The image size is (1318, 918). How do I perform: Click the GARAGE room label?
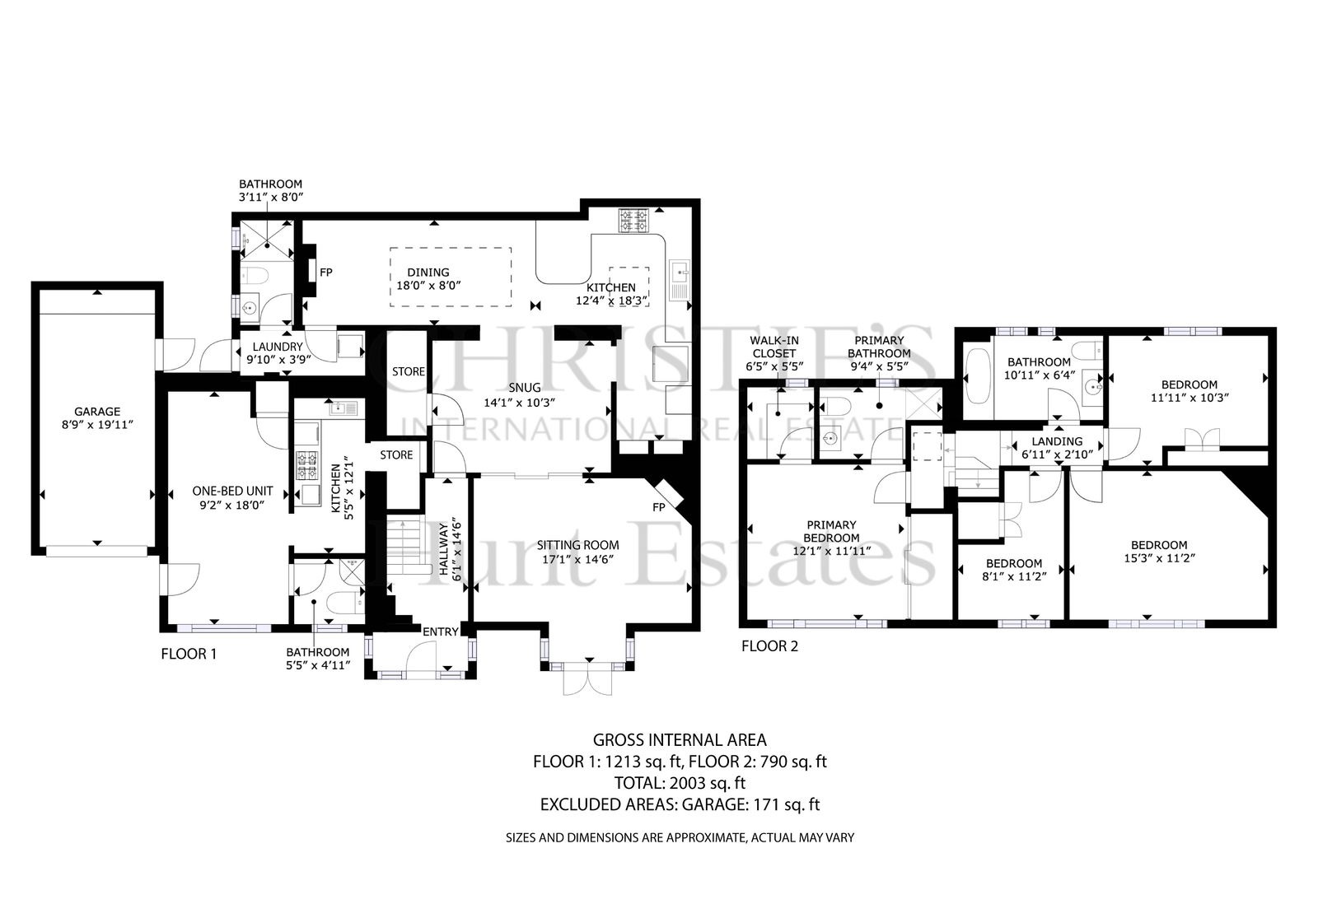97,412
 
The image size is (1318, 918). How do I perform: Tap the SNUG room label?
524,388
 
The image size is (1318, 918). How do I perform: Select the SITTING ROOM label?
577,545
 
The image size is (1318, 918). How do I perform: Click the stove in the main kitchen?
633,221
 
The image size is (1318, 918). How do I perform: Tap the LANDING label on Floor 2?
1057,441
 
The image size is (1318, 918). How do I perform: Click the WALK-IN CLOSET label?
774,347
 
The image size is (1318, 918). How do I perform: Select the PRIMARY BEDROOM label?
831,531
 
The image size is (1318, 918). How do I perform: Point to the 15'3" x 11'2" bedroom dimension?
1159,558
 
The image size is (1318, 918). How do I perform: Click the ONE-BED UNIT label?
232,491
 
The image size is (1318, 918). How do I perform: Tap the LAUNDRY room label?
278,347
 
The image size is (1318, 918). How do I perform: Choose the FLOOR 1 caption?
189,654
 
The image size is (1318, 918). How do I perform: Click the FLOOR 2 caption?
769,646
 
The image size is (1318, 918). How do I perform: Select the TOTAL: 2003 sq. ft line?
680,783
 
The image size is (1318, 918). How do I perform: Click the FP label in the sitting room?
658,507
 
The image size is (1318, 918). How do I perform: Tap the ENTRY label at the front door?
441,631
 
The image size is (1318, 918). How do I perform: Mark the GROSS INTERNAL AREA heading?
680,740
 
